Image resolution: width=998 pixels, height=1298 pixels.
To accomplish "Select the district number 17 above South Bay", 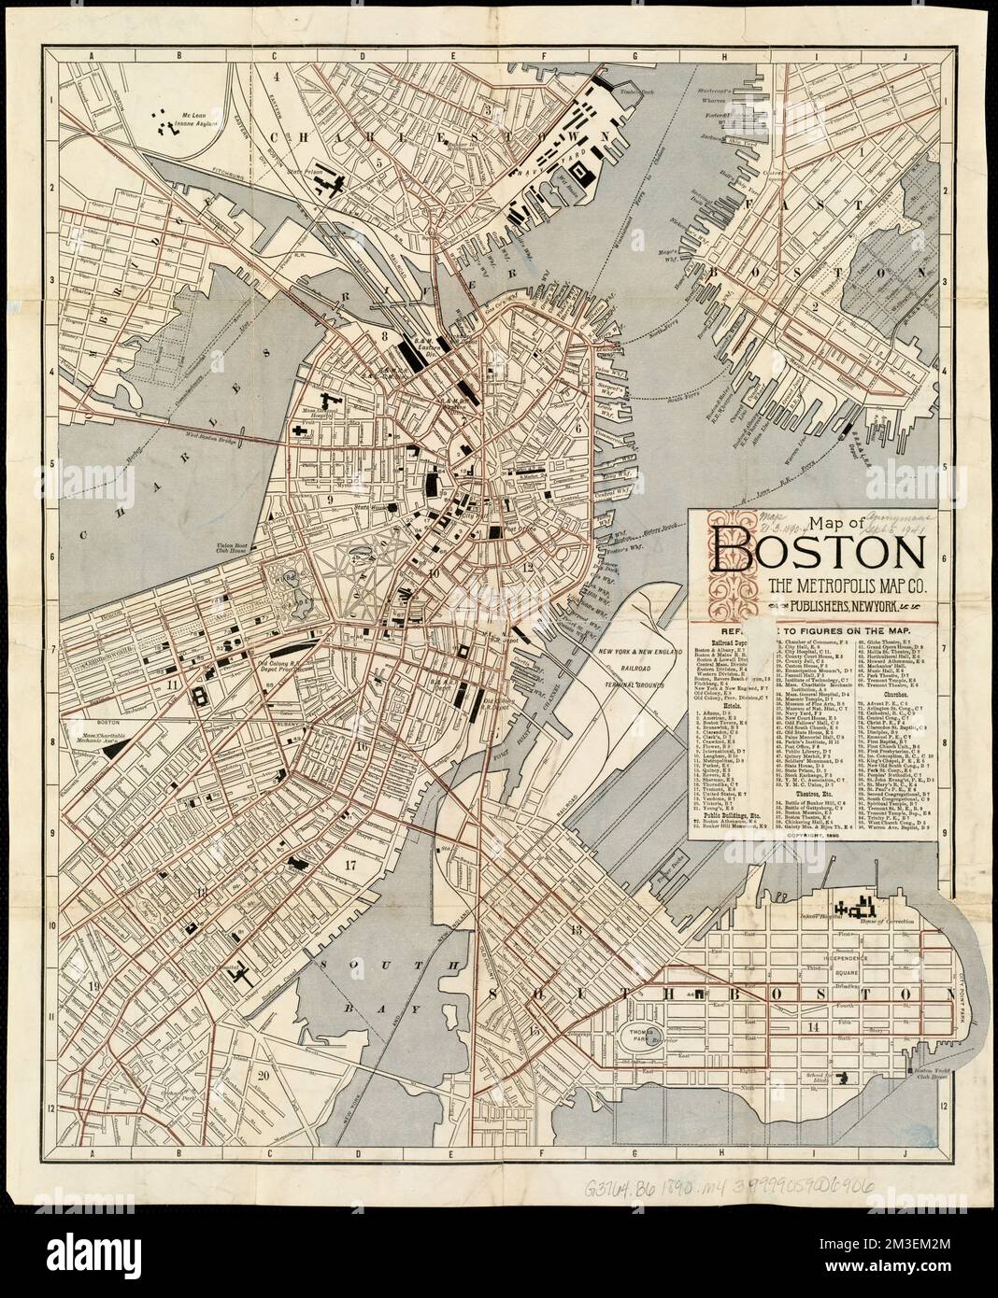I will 350,865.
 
